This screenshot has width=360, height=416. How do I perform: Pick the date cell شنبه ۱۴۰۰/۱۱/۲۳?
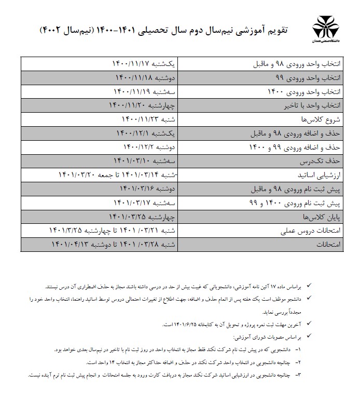[x=149, y=119]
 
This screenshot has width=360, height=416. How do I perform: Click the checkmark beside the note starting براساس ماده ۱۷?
[x=310, y=286]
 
